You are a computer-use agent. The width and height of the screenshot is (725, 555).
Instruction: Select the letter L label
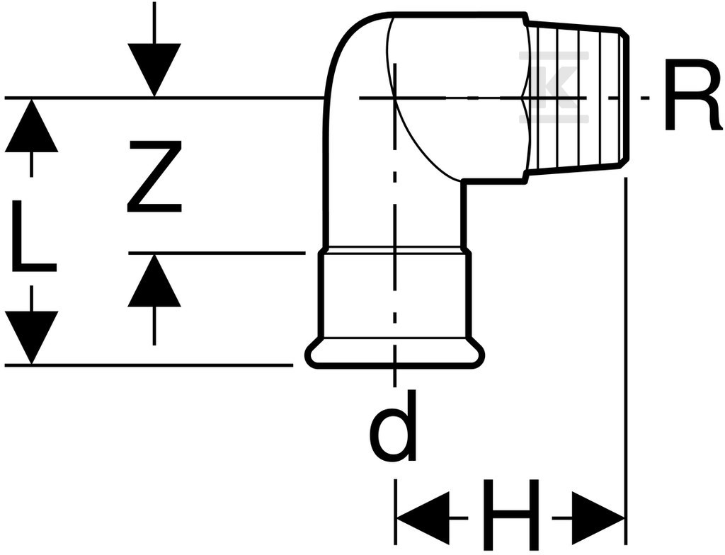(x=33, y=236)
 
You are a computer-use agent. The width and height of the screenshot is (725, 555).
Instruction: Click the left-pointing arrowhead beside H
(x=423, y=517)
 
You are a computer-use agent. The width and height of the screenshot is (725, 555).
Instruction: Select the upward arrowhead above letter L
(x=31, y=125)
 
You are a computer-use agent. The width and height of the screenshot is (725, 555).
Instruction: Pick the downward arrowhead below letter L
(x=31, y=338)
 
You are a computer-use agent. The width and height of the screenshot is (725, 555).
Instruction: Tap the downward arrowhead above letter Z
(x=154, y=70)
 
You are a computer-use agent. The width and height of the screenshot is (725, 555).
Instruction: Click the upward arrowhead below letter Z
(x=154, y=280)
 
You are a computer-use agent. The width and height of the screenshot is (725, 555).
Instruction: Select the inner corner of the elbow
(x=463, y=182)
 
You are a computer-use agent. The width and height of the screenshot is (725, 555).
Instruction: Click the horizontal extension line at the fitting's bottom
(x=149, y=365)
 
